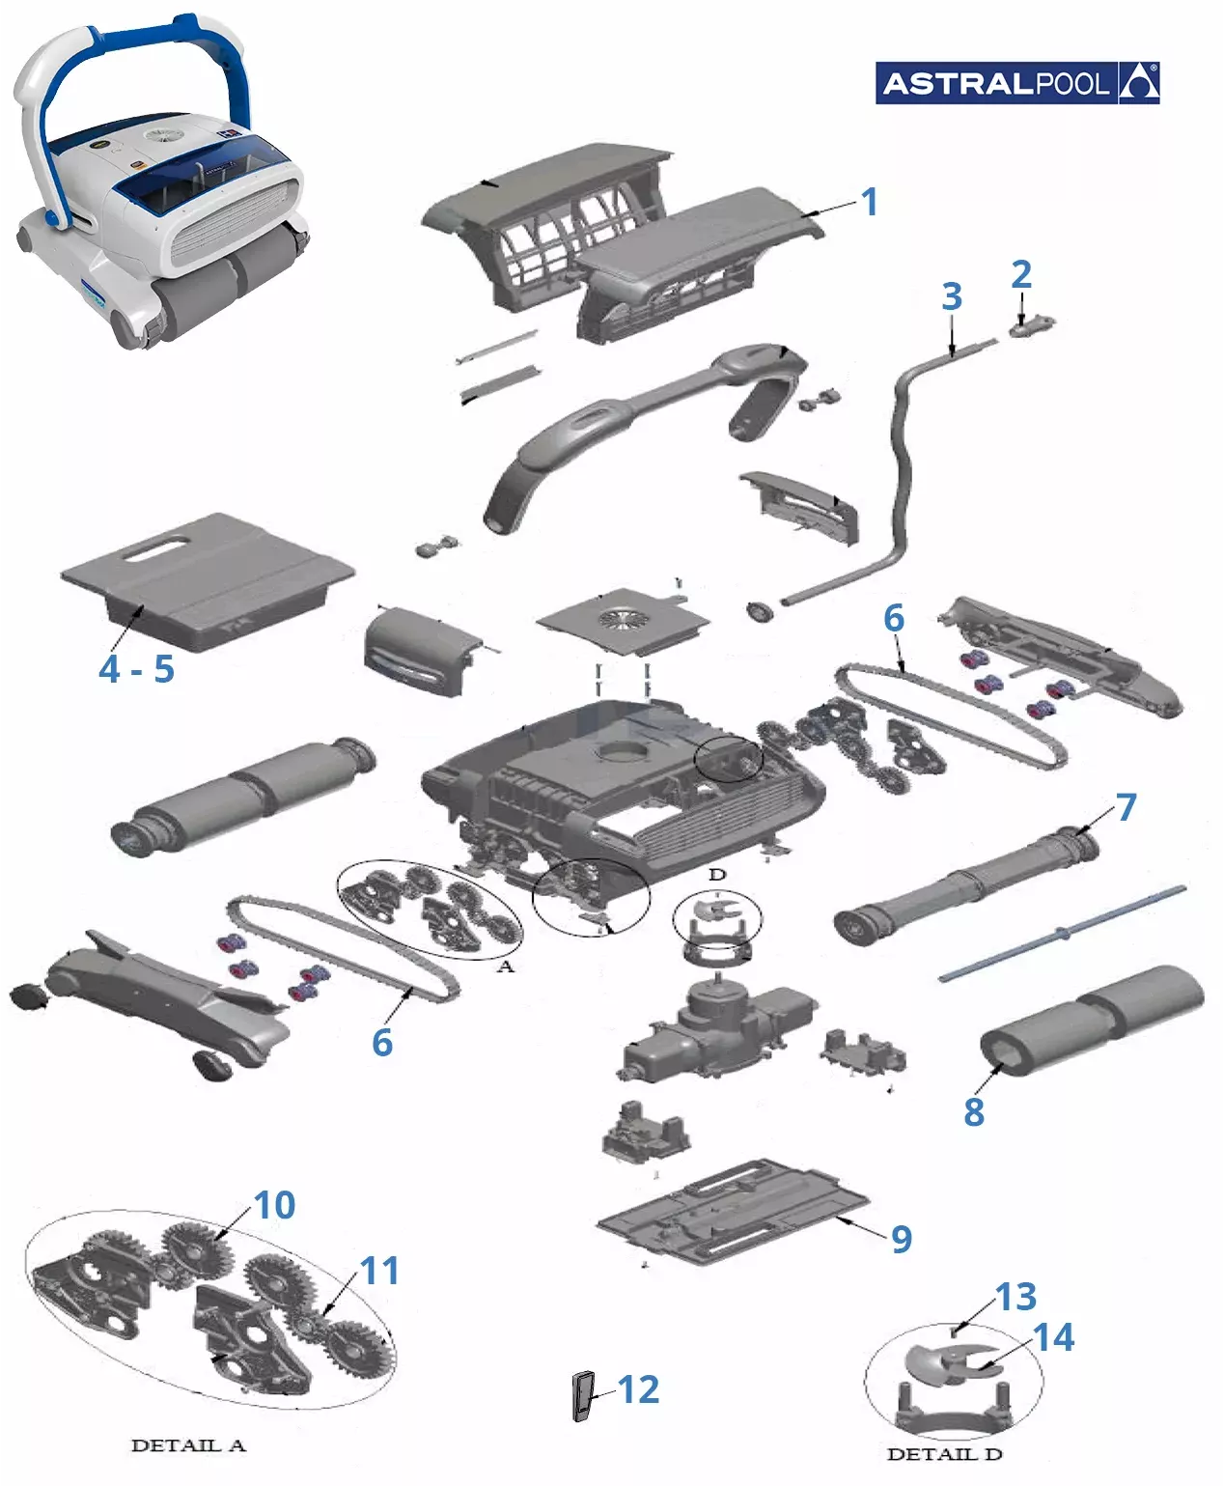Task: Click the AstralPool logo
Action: (x=1016, y=83)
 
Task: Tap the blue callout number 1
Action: (x=869, y=202)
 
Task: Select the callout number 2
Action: (x=1021, y=275)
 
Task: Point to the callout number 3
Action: (x=952, y=296)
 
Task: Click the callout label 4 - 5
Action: (x=137, y=669)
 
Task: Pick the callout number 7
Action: (x=1126, y=807)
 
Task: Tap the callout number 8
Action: (x=974, y=1111)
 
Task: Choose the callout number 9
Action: (x=902, y=1239)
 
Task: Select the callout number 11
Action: (x=379, y=1271)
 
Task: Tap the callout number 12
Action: (x=638, y=1389)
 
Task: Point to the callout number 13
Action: (x=1015, y=1297)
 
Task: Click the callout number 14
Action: (x=1053, y=1337)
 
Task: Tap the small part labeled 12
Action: (x=583, y=1396)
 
